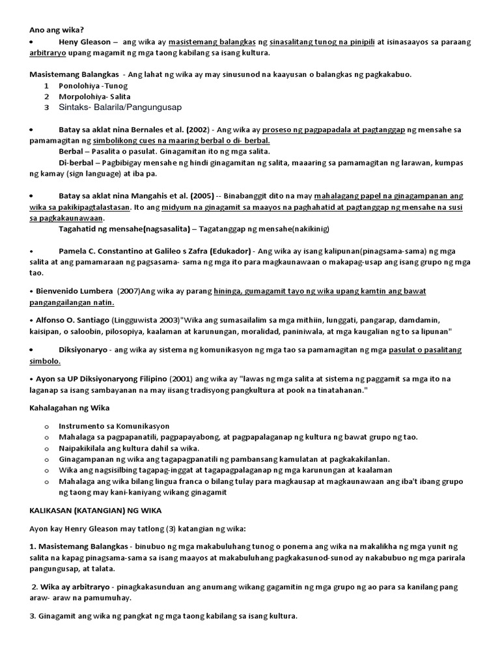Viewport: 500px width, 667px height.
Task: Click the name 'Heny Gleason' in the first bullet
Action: pyautogui.click(x=83, y=42)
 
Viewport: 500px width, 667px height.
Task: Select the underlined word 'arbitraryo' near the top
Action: pyautogui.click(x=53, y=53)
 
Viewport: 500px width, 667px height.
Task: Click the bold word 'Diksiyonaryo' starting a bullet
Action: pyautogui.click(x=84, y=350)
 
